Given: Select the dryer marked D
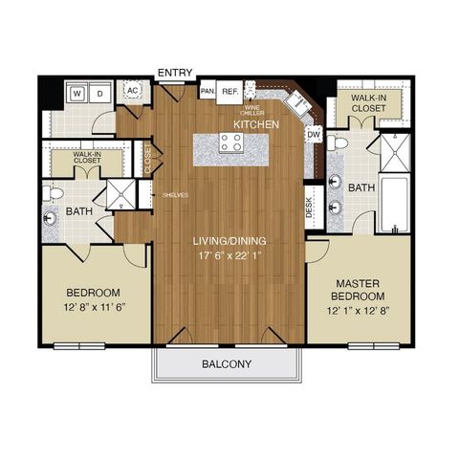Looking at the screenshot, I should tap(99, 94).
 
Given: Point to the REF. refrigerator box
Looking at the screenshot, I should tap(229, 92).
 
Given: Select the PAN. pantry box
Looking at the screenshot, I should tap(207, 92).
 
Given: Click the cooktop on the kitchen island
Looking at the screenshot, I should tap(231, 143).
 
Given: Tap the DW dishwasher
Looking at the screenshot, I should tap(314, 135).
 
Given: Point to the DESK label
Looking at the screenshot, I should tap(310, 208).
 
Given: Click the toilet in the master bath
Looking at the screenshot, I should tap(338, 142).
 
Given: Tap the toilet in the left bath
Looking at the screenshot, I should tap(56, 193).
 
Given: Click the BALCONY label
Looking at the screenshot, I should tap(226, 363).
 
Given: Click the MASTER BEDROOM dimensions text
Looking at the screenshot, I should tap(360, 311).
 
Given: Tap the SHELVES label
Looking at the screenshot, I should tap(175, 195).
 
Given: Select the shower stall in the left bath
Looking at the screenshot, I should tap(120, 194).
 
